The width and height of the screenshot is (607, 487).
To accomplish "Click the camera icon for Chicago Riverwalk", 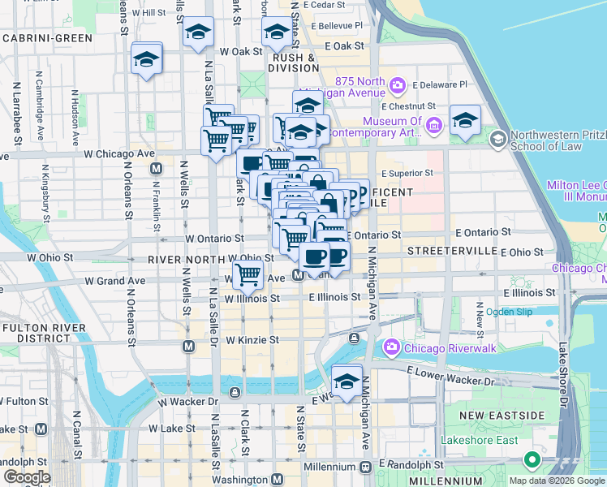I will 392,347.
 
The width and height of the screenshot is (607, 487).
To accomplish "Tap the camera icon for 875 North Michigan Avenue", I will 398,84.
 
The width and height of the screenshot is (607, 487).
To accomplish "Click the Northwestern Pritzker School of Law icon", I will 497,140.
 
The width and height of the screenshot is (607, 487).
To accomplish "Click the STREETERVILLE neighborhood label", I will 451,251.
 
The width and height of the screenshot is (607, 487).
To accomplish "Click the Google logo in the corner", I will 27,477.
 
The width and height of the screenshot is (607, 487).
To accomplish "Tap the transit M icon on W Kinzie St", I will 188,347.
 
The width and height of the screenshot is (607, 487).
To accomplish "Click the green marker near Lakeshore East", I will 532,460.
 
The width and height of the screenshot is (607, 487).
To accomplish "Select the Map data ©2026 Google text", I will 557,481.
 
